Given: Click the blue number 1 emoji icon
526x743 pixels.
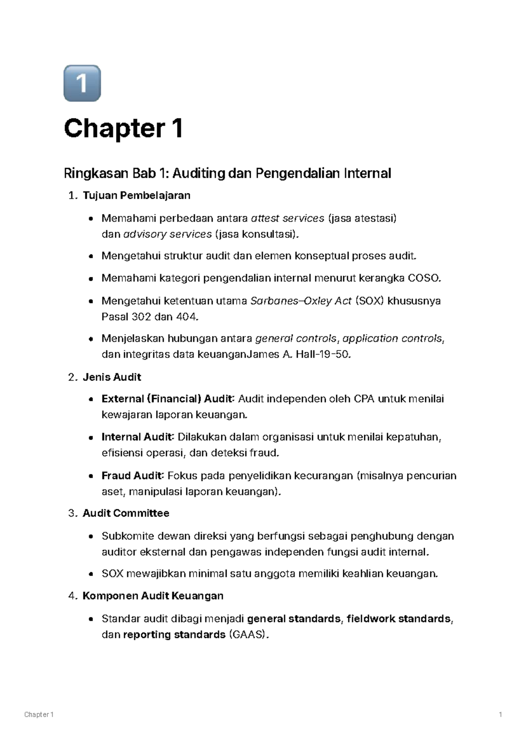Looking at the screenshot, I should tap(82, 83).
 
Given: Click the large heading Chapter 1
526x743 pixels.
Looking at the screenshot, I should tap(123, 129).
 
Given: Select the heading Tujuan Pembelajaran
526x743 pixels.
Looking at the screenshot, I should tap(136, 196).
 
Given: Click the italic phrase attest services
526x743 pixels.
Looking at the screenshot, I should tap(287, 218).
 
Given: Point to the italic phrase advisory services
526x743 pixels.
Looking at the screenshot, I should tap(168, 234).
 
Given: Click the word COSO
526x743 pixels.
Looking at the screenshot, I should tap(423, 278).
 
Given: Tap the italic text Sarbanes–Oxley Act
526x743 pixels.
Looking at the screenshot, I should tap(301, 301).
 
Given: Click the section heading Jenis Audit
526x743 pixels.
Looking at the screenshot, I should tap(112, 377).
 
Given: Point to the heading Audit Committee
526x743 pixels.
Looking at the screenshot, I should tap(126, 514).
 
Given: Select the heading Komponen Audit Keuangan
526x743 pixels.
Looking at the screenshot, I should tap(153, 596).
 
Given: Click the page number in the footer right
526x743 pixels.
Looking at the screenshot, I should tap(500, 715).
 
